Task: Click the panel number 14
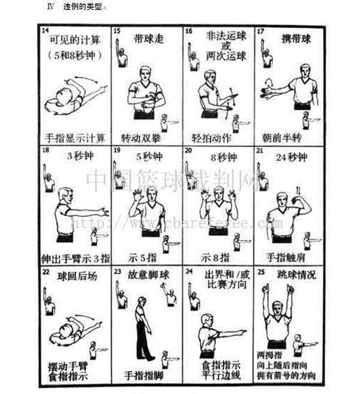tap(46, 30)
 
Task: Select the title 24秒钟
tap(294, 157)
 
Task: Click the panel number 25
tap(260, 270)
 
